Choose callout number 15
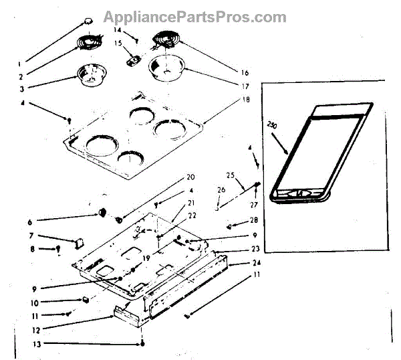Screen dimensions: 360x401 pyautogui.click(x=118, y=44)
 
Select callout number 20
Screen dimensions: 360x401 pyautogui.click(x=190, y=177)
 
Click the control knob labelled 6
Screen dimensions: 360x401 pyautogui.click(x=103, y=212)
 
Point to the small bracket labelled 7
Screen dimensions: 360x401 pyautogui.click(x=78, y=239)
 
